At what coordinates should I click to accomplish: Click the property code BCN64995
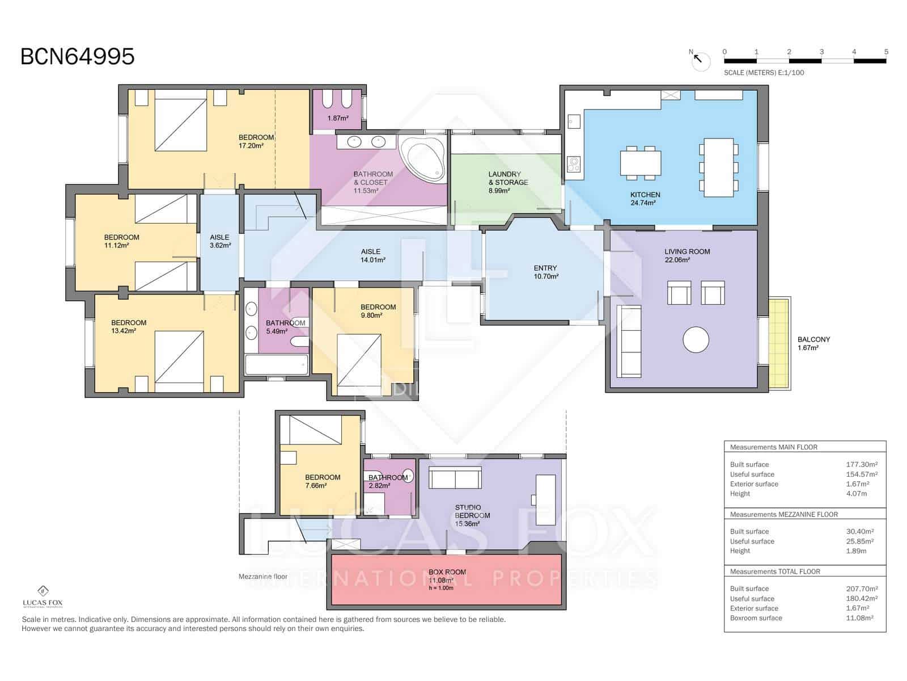click(78, 57)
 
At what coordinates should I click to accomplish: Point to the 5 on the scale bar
click(886, 52)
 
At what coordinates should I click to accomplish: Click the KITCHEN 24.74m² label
click(645, 198)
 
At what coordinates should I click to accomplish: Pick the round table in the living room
click(696, 340)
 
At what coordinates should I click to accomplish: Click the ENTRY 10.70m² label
click(545, 272)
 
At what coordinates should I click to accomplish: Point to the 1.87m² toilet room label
click(338, 118)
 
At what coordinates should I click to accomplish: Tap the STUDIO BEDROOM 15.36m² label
click(472, 515)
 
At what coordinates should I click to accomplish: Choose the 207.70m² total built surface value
click(862, 588)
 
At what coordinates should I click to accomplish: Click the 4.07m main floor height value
click(857, 494)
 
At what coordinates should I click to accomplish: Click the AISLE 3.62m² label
click(219, 241)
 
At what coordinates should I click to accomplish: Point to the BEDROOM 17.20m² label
click(256, 141)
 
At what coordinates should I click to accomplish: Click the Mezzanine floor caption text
click(262, 577)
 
